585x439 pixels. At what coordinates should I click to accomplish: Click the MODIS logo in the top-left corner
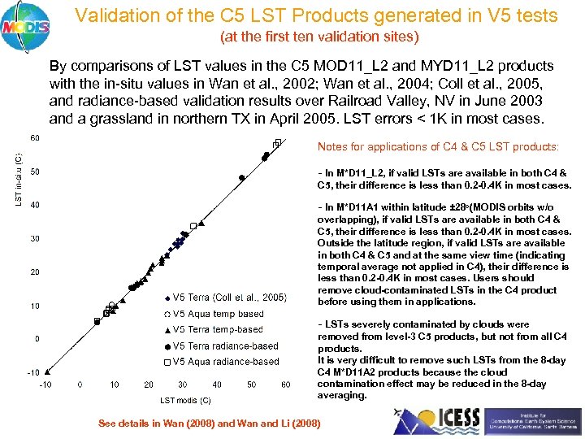click(x=25, y=25)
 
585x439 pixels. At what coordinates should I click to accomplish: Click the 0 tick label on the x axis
click(x=80, y=385)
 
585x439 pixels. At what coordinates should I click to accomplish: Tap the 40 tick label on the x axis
click(x=217, y=385)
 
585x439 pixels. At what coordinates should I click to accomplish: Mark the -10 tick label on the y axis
click(x=33, y=372)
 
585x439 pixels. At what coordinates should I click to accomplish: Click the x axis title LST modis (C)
click(x=184, y=400)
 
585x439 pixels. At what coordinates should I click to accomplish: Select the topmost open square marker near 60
click(x=278, y=143)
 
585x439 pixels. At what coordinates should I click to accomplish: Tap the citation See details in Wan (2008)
click(x=209, y=424)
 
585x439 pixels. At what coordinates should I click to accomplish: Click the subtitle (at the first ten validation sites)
click(x=319, y=37)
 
